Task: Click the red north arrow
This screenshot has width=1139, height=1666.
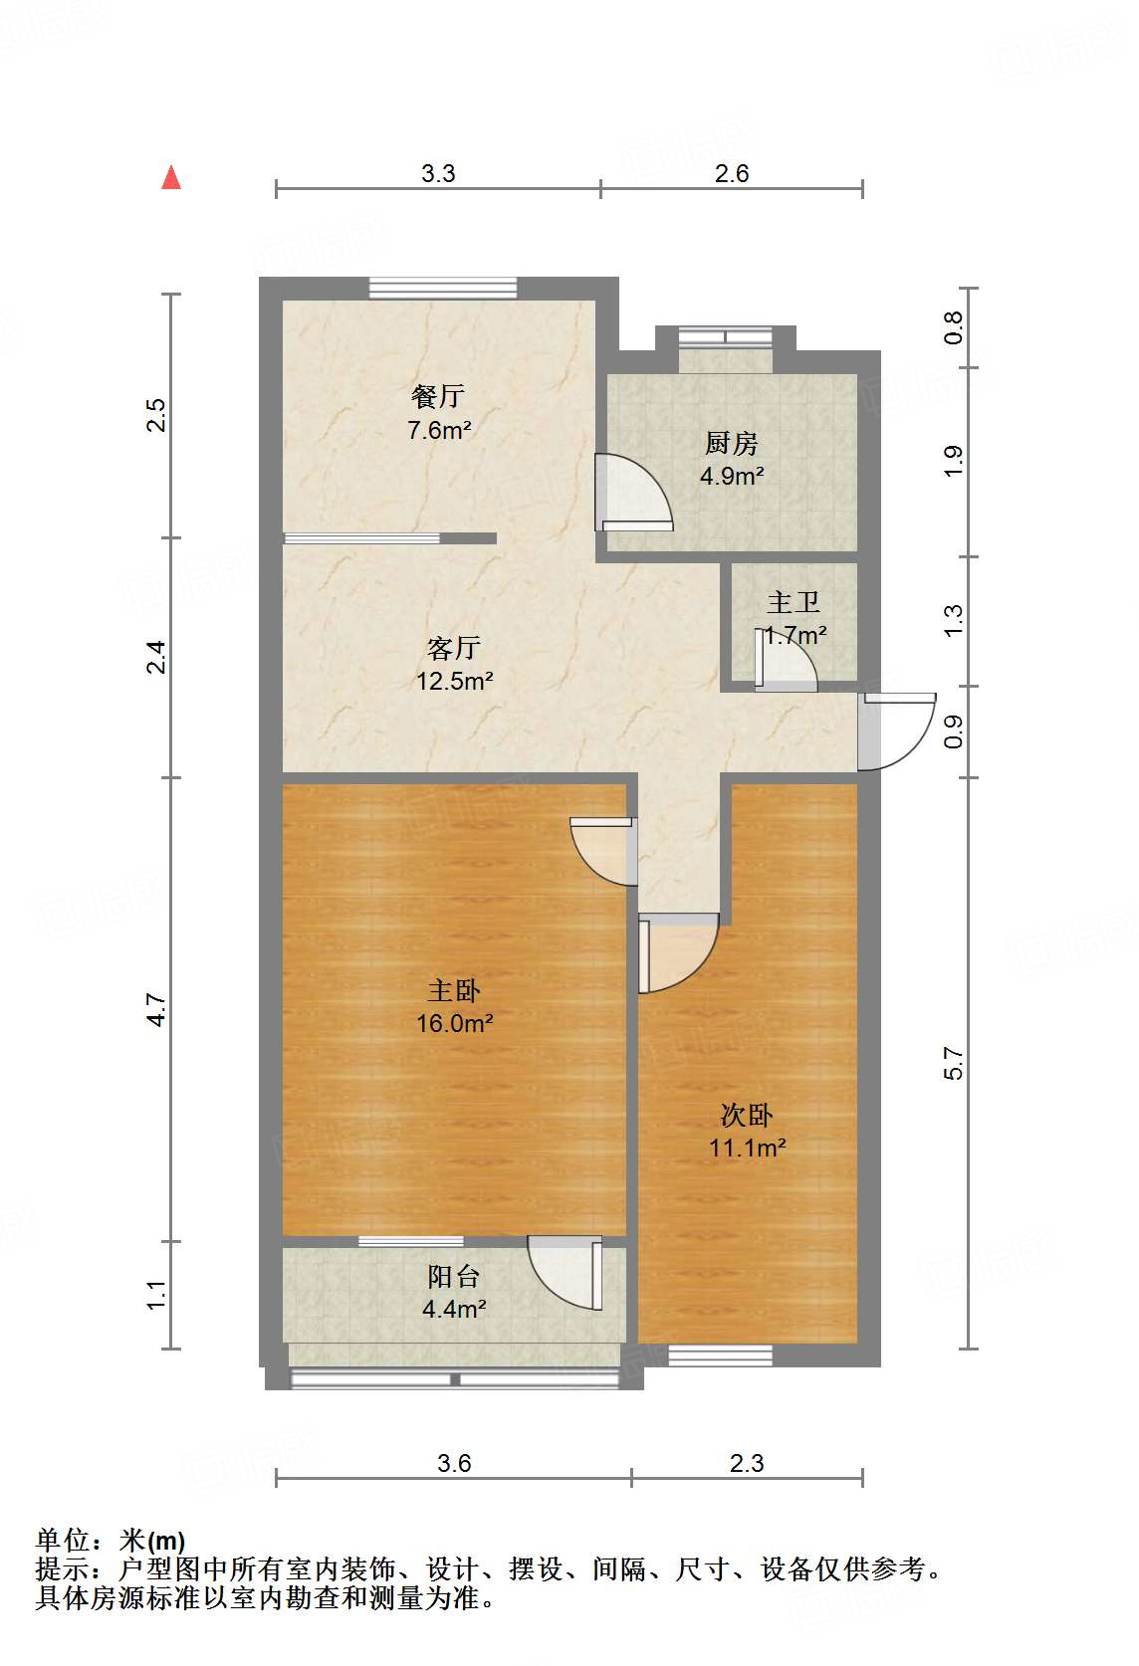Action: pos(171,178)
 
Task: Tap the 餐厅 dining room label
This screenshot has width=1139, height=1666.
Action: pos(438,396)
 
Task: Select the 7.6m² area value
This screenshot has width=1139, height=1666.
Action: pos(438,430)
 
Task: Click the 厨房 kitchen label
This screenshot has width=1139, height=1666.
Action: pos(732,443)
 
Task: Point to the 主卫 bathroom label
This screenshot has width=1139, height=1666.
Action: pos(794,602)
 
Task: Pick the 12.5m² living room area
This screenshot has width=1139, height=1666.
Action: pos(454,681)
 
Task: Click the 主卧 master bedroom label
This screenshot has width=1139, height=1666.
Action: pos(454,990)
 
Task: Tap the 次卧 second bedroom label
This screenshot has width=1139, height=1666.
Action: pos(747,1115)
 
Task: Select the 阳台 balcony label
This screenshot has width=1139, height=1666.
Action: pos(454,1276)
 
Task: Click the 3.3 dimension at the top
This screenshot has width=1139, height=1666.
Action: pos(438,173)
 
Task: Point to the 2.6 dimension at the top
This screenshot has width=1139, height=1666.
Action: pos(732,173)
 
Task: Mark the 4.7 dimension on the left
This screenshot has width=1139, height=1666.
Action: pos(156,1009)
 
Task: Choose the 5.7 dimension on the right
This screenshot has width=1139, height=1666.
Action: pos(954,1063)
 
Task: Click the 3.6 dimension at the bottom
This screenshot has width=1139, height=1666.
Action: pos(454,1463)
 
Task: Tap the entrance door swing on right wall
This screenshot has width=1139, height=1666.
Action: pos(898,731)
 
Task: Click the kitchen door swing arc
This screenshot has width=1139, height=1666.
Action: pos(637,490)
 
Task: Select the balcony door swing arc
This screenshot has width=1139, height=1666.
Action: pos(563,1274)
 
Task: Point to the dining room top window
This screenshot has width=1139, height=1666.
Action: pos(443,288)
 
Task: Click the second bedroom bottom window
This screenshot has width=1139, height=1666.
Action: pos(720,1354)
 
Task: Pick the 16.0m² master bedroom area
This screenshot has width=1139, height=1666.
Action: pos(454,1023)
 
